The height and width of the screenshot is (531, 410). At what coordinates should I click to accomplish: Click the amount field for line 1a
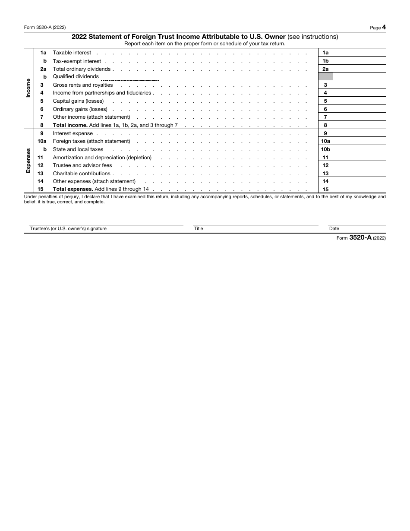click(360, 53)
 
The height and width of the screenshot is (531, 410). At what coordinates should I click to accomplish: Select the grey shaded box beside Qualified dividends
click(325, 76)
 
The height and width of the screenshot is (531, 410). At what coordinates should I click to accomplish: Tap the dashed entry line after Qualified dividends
click(129, 79)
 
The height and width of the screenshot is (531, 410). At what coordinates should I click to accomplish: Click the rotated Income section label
click(28, 88)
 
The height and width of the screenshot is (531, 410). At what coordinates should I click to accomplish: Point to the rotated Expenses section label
click(28, 161)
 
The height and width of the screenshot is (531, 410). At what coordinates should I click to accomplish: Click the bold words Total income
click(70, 125)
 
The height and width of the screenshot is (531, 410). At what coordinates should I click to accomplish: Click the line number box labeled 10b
click(325, 149)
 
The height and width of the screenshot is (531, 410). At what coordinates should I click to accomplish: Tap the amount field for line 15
click(360, 189)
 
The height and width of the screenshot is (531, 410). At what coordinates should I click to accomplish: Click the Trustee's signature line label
click(68, 228)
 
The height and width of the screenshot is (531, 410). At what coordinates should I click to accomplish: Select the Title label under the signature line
click(199, 228)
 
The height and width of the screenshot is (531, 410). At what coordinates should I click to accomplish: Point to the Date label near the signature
click(334, 228)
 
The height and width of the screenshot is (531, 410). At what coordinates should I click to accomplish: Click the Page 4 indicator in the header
click(378, 27)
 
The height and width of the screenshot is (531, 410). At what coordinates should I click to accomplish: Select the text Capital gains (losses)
click(78, 101)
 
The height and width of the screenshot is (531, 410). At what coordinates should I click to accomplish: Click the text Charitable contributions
click(82, 174)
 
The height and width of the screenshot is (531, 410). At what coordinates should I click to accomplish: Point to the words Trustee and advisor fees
click(82, 165)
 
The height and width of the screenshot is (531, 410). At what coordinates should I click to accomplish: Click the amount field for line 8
click(360, 125)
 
